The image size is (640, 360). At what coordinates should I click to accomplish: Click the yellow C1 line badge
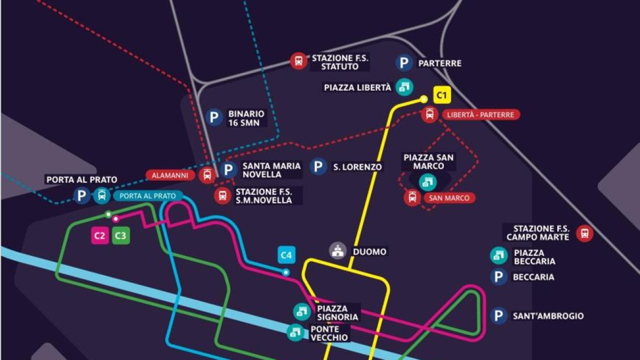coord(442,95)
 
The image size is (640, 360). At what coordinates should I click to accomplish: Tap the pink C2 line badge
coord(100,236)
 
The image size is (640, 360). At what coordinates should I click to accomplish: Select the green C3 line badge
coord(121,236)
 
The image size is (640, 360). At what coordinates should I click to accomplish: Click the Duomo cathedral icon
coord(337,251)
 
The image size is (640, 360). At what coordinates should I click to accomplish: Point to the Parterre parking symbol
coord(404,63)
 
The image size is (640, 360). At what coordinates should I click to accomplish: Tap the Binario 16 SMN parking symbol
coord(214,117)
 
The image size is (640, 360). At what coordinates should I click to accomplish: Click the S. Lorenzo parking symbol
coord(318,167)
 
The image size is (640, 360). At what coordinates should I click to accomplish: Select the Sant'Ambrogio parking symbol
coord(499,316)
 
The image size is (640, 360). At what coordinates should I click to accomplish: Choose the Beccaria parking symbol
coord(499,277)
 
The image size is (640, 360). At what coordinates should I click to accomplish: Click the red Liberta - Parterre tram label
coord(480,115)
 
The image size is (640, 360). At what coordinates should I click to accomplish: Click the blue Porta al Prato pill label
coord(147,196)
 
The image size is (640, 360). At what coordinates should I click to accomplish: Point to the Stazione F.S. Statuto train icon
coord(299,61)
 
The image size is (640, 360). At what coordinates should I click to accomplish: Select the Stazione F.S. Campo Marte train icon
coord(585,233)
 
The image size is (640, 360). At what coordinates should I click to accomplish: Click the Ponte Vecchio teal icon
coord(295,333)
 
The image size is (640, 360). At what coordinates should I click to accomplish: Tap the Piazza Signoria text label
coord(338,313)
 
